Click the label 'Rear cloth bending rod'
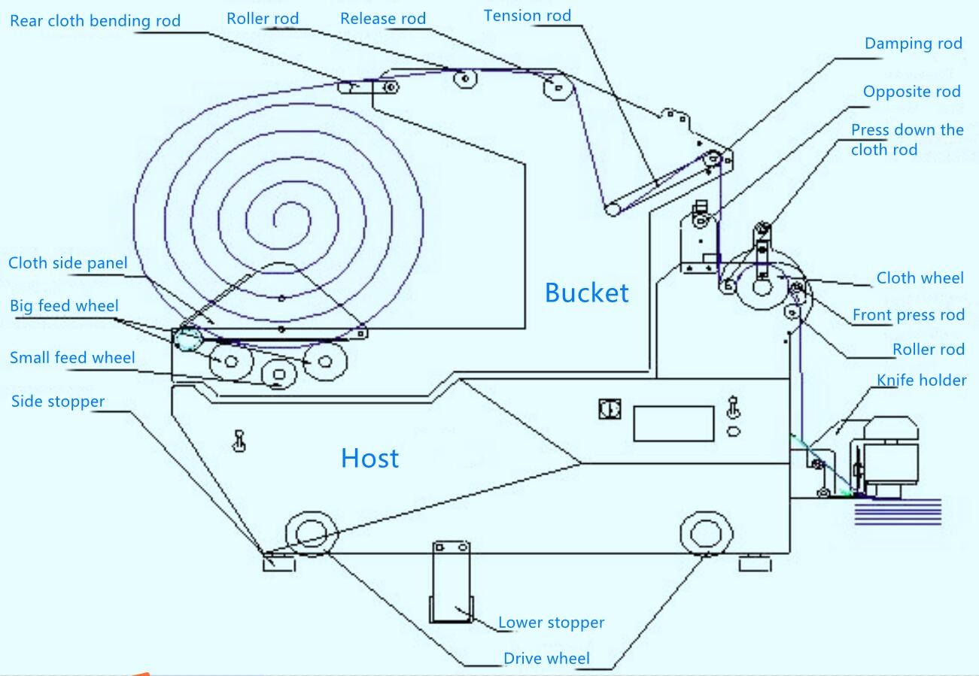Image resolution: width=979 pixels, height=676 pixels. [x=95, y=20]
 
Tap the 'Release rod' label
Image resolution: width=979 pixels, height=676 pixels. [x=383, y=18]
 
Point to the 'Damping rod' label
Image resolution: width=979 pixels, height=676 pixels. [x=913, y=43]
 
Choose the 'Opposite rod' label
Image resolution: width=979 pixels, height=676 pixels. [x=911, y=92]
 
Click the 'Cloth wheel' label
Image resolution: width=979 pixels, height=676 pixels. [x=920, y=278]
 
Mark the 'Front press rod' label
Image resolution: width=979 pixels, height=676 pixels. [x=908, y=314]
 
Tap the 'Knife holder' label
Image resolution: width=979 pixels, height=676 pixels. [x=921, y=380]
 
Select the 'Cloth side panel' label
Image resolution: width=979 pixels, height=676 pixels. [x=68, y=262]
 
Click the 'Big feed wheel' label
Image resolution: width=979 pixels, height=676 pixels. [x=64, y=305]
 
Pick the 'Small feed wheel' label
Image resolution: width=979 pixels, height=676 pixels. [x=72, y=357]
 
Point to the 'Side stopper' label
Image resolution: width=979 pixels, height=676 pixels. [x=58, y=401]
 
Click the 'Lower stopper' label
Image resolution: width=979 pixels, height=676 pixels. [x=551, y=623]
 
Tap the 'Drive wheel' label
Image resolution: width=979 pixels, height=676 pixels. [x=546, y=659]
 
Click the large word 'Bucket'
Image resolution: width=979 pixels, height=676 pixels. [x=586, y=293]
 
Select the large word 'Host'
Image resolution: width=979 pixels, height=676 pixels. [x=369, y=458]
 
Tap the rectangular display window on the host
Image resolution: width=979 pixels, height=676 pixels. [x=673, y=423]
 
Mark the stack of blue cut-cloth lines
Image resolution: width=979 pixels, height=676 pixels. [x=898, y=513]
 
